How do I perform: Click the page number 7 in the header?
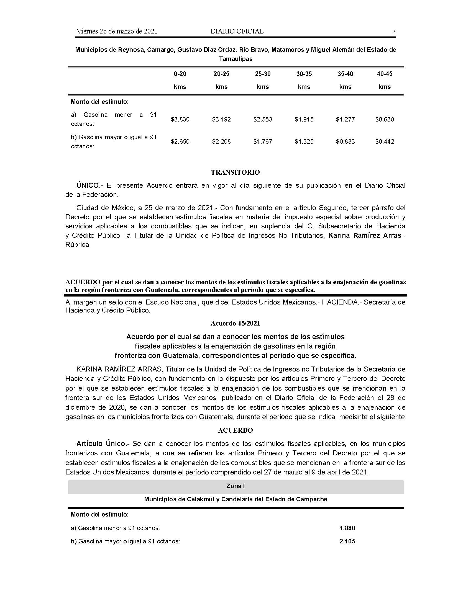[x=394, y=31]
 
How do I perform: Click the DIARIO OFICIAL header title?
[x=237, y=31]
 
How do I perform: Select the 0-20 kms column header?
[x=180, y=80]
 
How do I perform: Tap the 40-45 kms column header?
[x=385, y=80]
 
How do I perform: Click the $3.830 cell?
[x=180, y=120]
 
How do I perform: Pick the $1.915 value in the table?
[x=304, y=120]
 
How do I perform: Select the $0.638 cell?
[x=385, y=120]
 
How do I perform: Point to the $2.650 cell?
[x=180, y=142]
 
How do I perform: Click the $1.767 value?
[x=263, y=142]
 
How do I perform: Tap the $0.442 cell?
[x=385, y=142]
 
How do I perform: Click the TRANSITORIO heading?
[x=235, y=172]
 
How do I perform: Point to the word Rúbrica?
[x=78, y=245]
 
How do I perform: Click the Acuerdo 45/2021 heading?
[x=235, y=323]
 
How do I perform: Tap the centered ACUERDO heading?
[x=235, y=430]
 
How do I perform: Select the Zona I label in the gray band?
[x=235, y=486]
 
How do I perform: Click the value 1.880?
[x=347, y=528]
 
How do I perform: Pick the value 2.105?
[x=347, y=541]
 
